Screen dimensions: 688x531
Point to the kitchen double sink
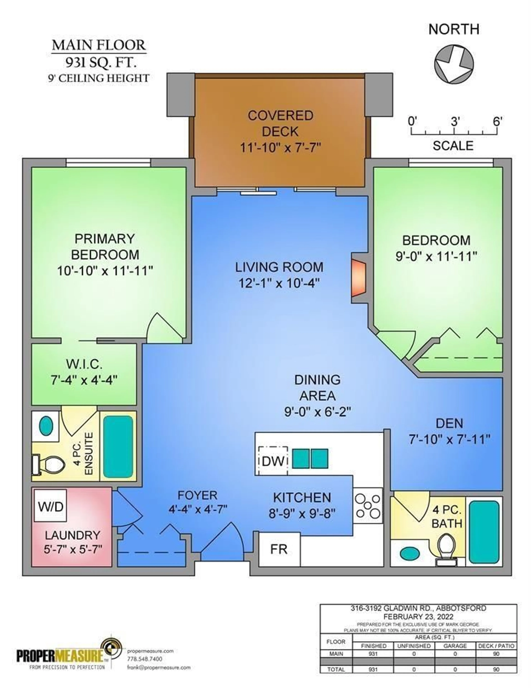(x=310, y=458)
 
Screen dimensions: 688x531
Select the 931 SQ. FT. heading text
(x=101, y=63)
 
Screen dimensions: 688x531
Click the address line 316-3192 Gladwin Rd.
(x=418, y=608)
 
